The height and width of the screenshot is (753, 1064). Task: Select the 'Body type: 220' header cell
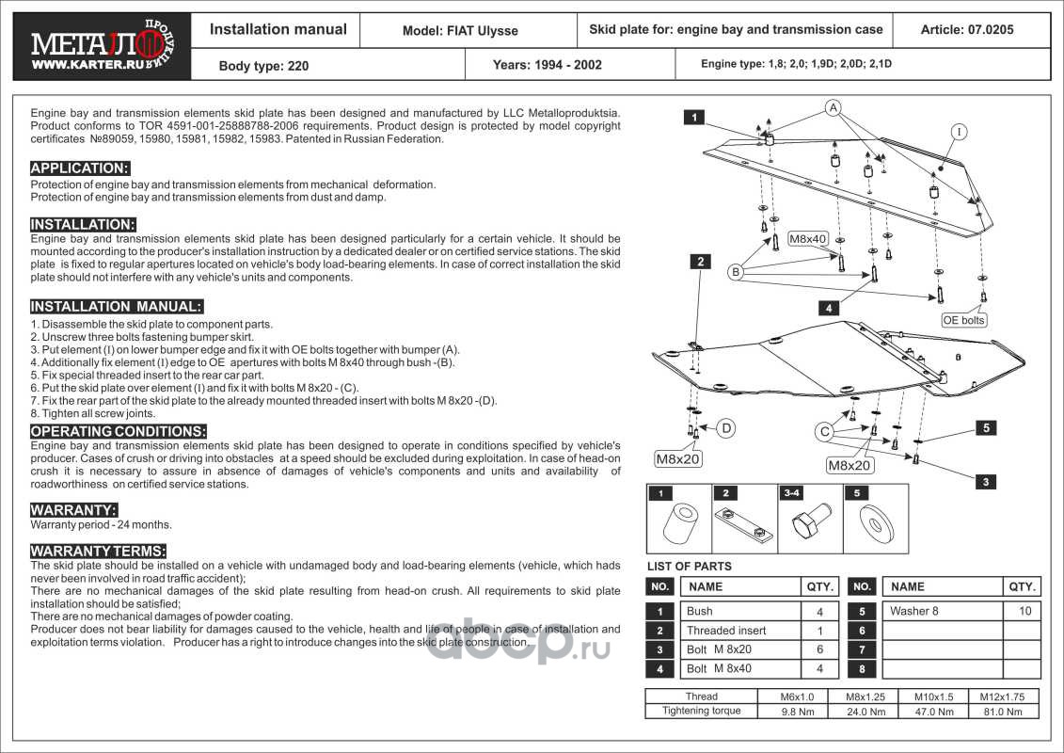(x=263, y=66)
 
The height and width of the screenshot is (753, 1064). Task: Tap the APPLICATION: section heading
(x=80, y=168)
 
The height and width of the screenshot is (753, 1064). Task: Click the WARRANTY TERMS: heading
(x=99, y=551)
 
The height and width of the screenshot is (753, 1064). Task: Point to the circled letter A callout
(x=833, y=108)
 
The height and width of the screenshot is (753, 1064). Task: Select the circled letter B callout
(x=737, y=272)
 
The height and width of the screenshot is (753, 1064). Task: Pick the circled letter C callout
(x=824, y=432)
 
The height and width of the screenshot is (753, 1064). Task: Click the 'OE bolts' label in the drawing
(x=964, y=320)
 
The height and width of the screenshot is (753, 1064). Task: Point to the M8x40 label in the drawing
(x=806, y=239)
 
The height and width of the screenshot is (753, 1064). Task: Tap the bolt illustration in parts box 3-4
(x=809, y=521)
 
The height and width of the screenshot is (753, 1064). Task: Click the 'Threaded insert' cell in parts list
(x=726, y=631)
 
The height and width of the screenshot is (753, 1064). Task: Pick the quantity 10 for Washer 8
(x=1024, y=611)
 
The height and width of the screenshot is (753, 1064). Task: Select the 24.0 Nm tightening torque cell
(x=866, y=712)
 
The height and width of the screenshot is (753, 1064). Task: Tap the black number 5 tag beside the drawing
(x=985, y=428)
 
